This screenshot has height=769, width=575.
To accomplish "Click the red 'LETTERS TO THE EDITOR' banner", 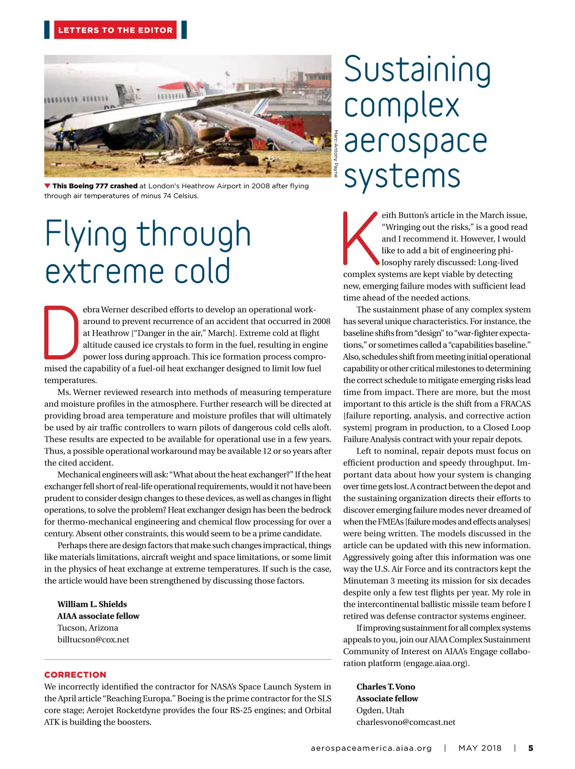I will pyautogui.click(x=115, y=30).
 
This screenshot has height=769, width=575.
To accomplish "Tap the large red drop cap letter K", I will pyautogui.click(x=360, y=238).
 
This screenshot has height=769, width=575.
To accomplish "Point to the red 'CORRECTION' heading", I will pyautogui.click(x=75, y=675).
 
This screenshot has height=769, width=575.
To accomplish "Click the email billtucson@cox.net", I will pyautogui.click(x=93, y=639).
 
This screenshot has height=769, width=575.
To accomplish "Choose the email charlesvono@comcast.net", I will pyautogui.click(x=405, y=722).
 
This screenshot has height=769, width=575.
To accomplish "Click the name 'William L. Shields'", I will pyautogui.click(x=92, y=604).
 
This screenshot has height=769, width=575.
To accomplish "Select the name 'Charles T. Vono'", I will pyautogui.click(x=386, y=687).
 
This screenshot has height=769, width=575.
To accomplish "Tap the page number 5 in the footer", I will pyautogui.click(x=530, y=748).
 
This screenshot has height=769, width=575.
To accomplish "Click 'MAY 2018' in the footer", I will pyautogui.click(x=480, y=748).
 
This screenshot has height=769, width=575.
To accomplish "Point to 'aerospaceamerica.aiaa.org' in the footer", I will pyautogui.click(x=371, y=748).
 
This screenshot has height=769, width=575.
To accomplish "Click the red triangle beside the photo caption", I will pyautogui.click(x=47, y=186).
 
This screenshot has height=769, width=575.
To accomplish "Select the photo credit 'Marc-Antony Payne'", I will pyautogui.click(x=336, y=153).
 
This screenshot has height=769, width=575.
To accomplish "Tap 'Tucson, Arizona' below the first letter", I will pyautogui.click(x=88, y=627).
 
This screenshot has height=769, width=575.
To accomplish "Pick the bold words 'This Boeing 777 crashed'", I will pyautogui.click(x=95, y=186).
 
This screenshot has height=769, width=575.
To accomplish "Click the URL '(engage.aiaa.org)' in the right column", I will pyautogui.click(x=437, y=663).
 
